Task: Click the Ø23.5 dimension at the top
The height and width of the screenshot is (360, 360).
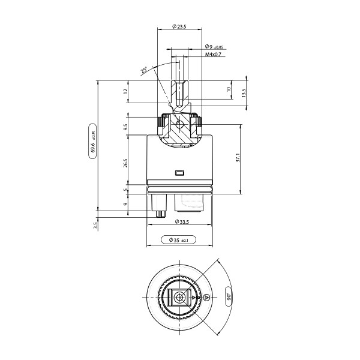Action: tap(179, 26)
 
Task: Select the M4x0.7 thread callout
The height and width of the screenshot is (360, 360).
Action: tap(213, 55)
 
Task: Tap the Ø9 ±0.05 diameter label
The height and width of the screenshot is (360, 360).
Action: tap(214, 47)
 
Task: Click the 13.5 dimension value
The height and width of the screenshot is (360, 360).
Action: tap(243, 93)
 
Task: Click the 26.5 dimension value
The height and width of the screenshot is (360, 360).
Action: tap(125, 163)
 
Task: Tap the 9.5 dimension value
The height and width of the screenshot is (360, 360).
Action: tap(125, 128)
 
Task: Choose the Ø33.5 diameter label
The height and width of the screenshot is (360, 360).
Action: tap(180, 221)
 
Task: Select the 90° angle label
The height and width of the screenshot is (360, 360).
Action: tap(229, 296)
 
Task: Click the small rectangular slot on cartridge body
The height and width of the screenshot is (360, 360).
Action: tap(179, 173)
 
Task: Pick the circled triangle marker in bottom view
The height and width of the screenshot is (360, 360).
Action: tap(206, 297)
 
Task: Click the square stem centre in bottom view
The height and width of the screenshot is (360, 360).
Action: tap(179, 297)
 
